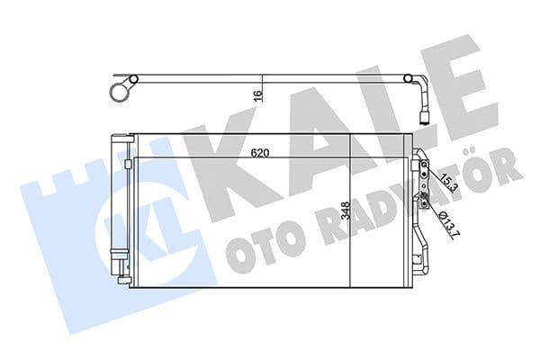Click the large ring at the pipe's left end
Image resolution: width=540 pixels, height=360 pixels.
117,91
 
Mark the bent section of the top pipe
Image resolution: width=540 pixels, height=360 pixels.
415,85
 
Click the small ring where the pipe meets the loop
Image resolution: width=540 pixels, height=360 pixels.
131,79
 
